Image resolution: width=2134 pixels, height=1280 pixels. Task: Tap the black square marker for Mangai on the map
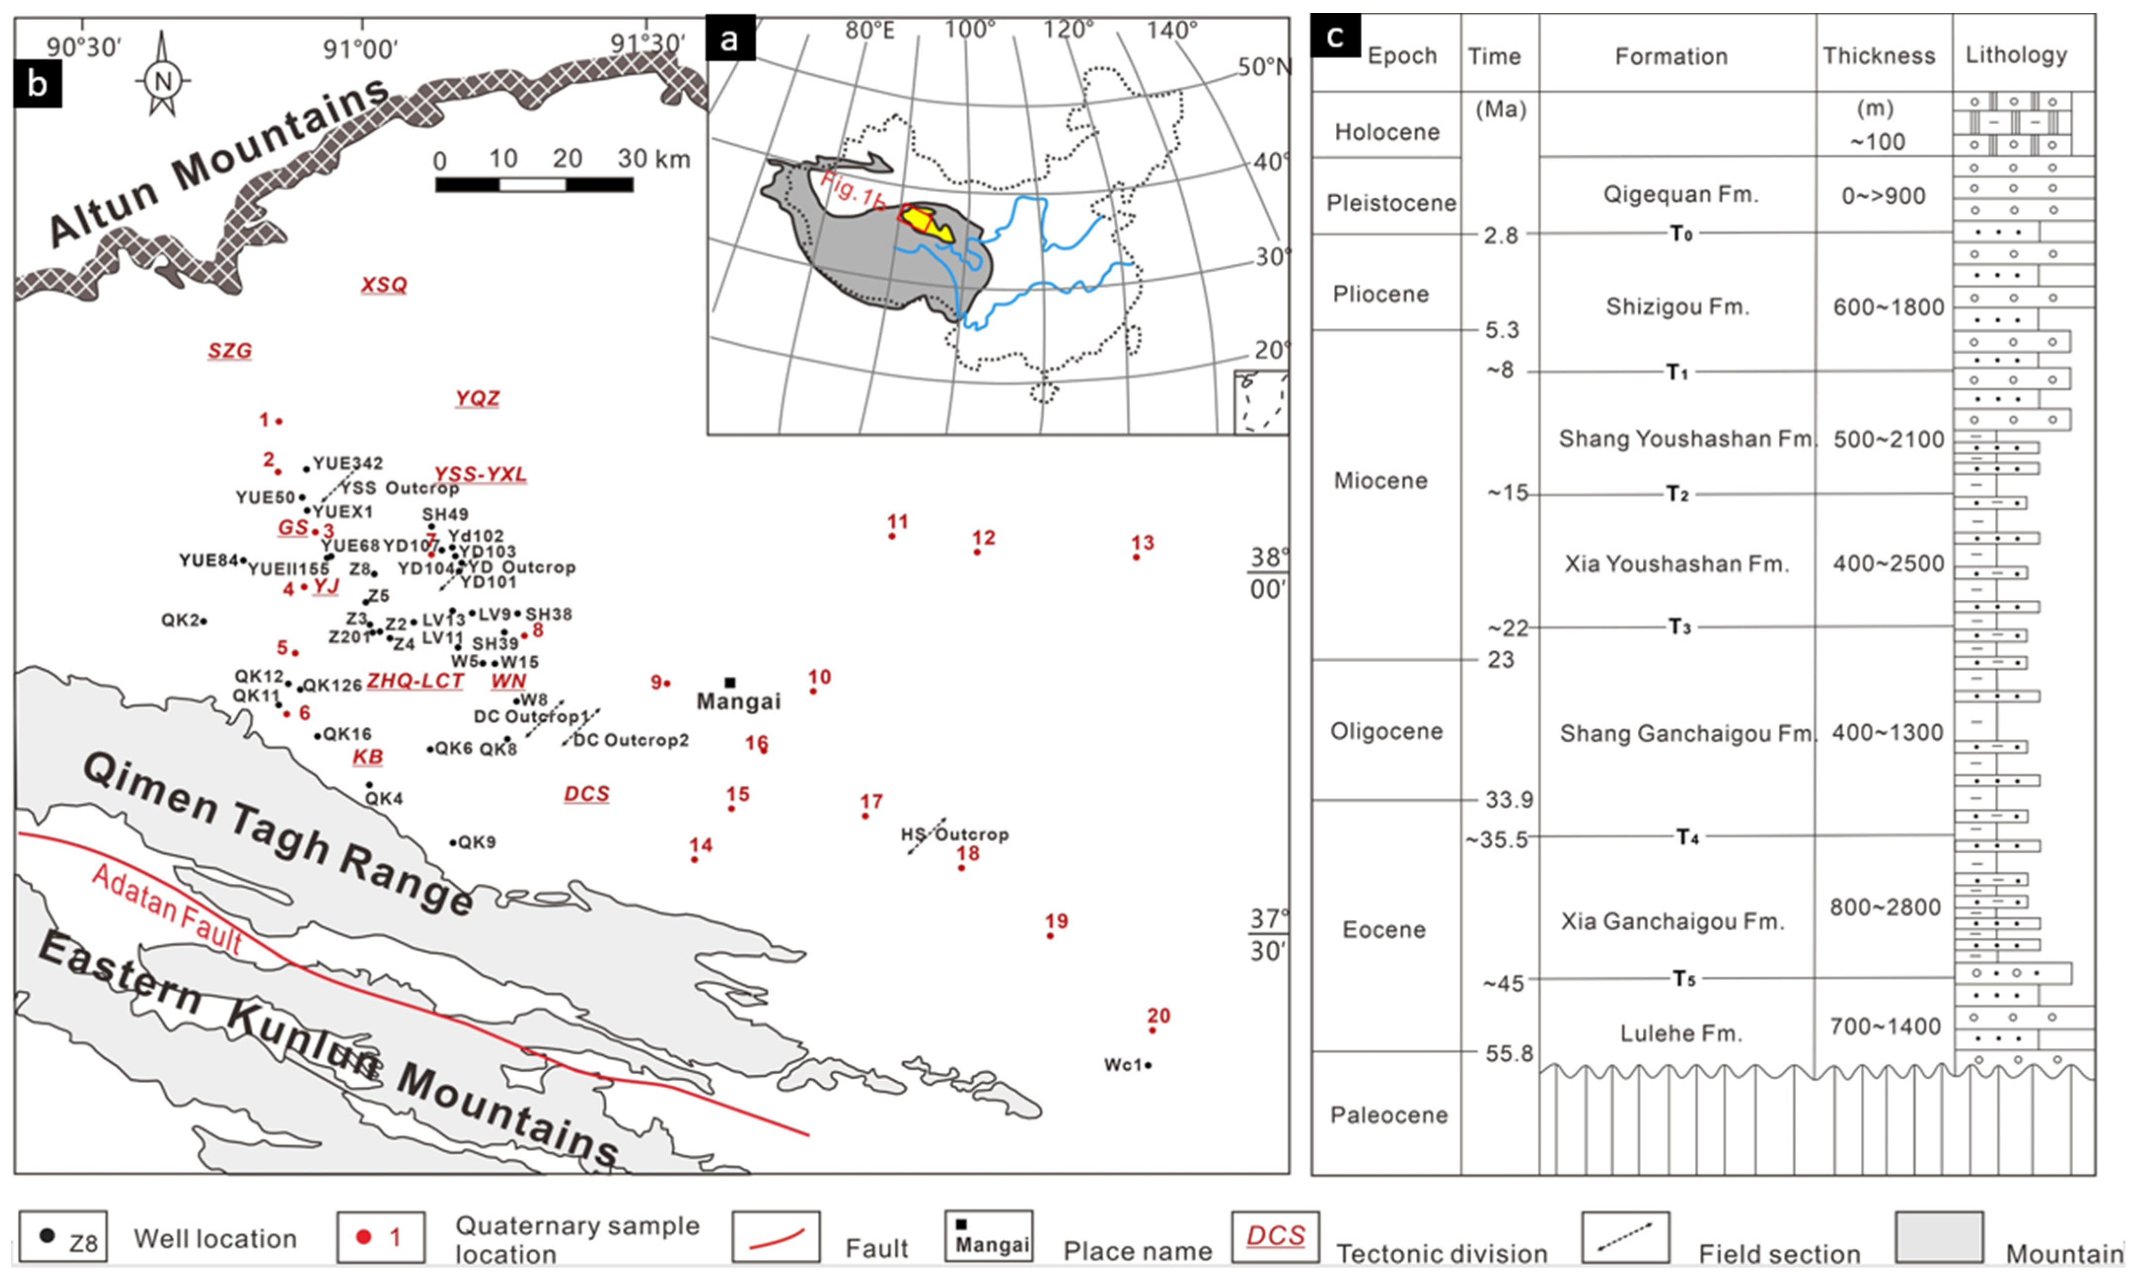pyautogui.click(x=730, y=682)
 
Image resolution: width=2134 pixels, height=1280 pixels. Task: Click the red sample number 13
pyautogui.click(x=1143, y=543)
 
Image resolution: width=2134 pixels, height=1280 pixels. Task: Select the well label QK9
pyautogui.click(x=476, y=842)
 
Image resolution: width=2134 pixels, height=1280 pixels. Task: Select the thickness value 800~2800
pyautogui.click(x=1884, y=907)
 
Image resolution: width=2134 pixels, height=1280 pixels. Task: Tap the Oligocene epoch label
pyautogui.click(x=1386, y=731)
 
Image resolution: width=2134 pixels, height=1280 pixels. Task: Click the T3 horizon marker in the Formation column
pyautogui.click(x=1678, y=627)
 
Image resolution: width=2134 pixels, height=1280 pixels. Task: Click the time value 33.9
pyautogui.click(x=1508, y=799)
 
